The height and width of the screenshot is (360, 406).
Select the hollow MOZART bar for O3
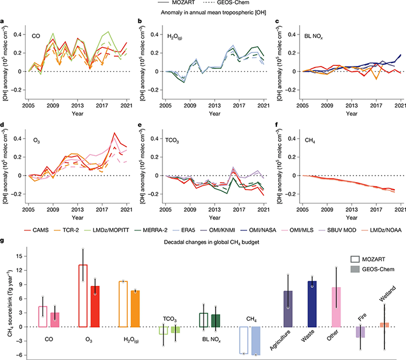click(x=83, y=287)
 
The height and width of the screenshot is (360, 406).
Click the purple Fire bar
click(x=360, y=332)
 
